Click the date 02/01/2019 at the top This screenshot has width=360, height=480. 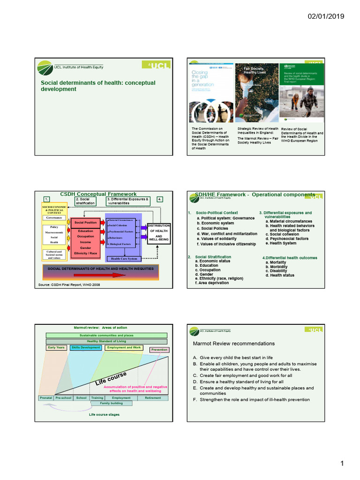click(x=326, y=16)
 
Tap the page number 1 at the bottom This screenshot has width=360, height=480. click(x=342, y=464)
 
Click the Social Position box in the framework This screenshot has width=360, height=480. click(x=85, y=222)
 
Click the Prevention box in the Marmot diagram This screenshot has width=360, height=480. click(x=159, y=350)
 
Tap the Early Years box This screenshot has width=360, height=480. click(x=56, y=347)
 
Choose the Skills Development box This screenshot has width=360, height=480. click(x=86, y=347)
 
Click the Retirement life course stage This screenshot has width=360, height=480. click(x=153, y=397)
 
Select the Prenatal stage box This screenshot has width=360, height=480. click(x=46, y=397)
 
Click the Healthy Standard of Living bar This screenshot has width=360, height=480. click(x=106, y=341)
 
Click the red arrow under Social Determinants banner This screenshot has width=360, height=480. click(x=112, y=275)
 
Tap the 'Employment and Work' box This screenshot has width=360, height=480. click(x=124, y=347)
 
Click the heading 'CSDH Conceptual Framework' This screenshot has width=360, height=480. click(x=98, y=194)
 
